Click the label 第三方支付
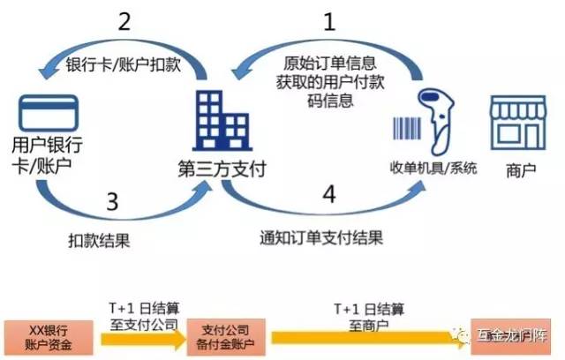221,168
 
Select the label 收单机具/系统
433,168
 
